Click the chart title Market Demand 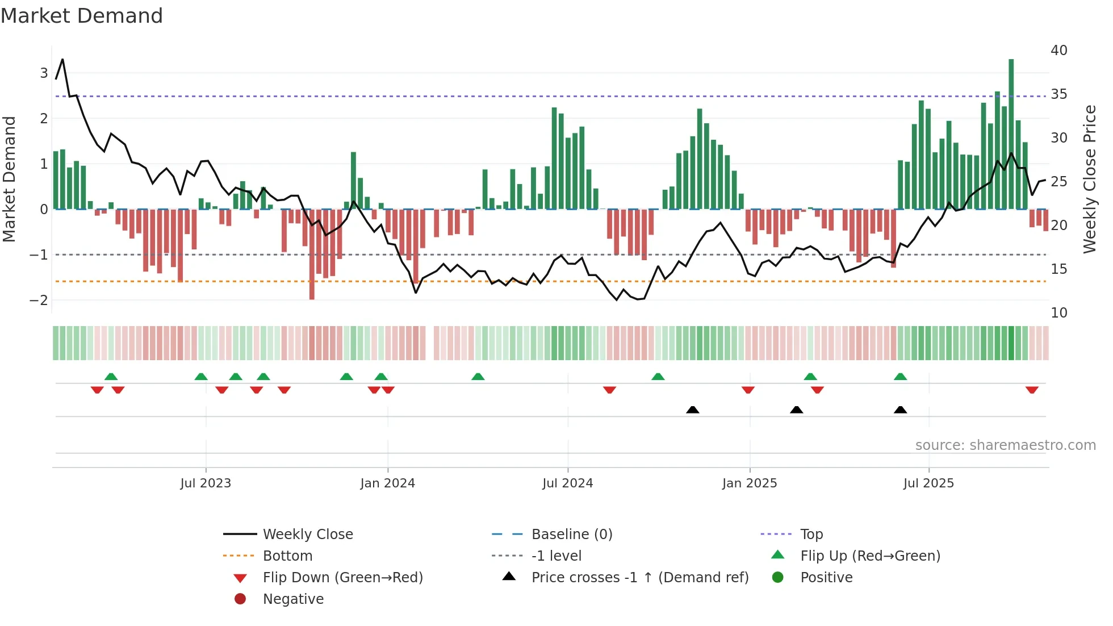coord(82,16)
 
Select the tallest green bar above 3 coord(1011,133)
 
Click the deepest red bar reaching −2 coord(312,256)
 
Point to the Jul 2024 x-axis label coord(567,483)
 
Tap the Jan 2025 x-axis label coord(750,483)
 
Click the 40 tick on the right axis coord(1058,51)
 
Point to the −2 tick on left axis coord(39,301)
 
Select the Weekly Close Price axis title coord(1089,179)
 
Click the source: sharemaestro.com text coord(1005,445)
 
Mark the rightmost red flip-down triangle coord(1032,390)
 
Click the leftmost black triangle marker coord(692,410)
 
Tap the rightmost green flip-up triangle coord(900,377)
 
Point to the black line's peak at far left coord(62,59)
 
